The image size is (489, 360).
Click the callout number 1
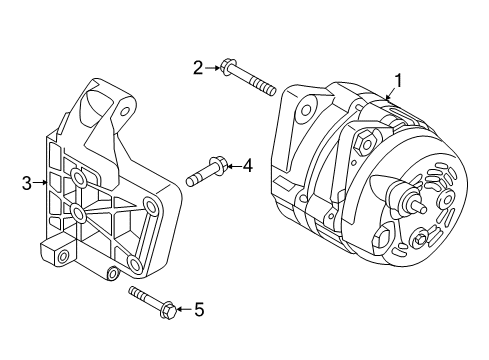(x=398, y=81)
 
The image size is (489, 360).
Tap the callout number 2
(x=198, y=68)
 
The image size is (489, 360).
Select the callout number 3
(x=27, y=183)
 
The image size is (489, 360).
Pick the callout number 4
(x=247, y=166)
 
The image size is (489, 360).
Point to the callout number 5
(x=199, y=309)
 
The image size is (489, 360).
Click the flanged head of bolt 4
(x=218, y=165)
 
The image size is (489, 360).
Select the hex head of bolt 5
(x=168, y=311)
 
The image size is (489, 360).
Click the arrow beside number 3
(x=40, y=182)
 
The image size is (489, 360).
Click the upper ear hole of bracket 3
(x=125, y=111)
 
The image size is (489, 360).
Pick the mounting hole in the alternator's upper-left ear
(x=306, y=109)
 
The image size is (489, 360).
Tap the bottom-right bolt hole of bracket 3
(x=136, y=265)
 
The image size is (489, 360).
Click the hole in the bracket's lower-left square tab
(x=63, y=257)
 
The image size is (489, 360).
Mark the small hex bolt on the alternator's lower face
(x=420, y=239)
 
